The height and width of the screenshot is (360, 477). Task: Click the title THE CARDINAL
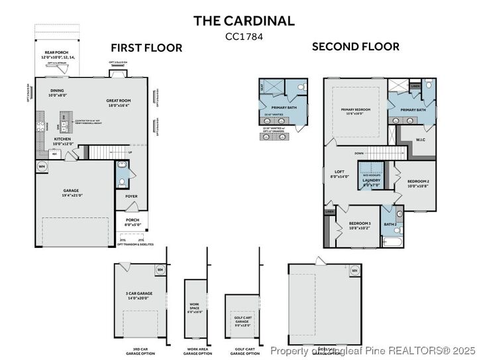tap(244, 21)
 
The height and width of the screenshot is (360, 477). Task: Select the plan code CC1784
tap(244, 36)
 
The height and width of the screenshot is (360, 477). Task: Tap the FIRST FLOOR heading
tap(146, 48)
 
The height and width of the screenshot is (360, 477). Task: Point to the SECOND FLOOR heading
tap(355, 46)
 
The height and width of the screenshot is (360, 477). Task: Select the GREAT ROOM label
tap(119, 102)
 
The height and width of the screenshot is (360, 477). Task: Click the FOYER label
tap(131, 196)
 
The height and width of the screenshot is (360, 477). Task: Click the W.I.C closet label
tap(420, 139)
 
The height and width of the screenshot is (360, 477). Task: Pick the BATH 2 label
tap(390, 224)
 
